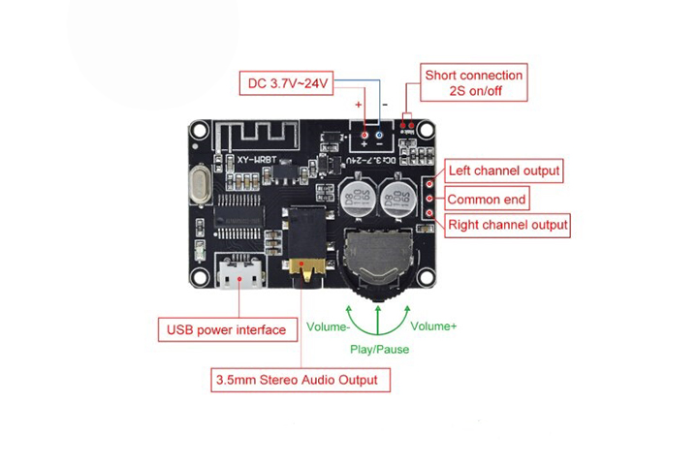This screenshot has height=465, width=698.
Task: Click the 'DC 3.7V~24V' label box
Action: (290, 83)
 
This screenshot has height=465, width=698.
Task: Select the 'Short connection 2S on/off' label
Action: (473, 83)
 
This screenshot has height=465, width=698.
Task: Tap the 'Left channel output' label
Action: (503, 170)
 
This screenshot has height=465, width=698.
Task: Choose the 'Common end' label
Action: (487, 200)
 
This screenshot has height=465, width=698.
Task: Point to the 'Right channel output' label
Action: (506, 226)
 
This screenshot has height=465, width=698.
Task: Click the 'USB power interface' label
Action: (226, 329)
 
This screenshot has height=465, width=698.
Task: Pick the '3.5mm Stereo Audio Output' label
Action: (301, 379)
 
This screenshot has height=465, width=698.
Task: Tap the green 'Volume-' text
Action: (328, 326)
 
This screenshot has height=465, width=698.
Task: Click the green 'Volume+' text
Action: (433, 325)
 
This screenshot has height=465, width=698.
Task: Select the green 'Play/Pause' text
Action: (379, 349)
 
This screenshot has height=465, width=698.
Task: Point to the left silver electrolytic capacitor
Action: (357, 200)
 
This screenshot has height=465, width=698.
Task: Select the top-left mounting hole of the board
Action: (200, 129)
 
